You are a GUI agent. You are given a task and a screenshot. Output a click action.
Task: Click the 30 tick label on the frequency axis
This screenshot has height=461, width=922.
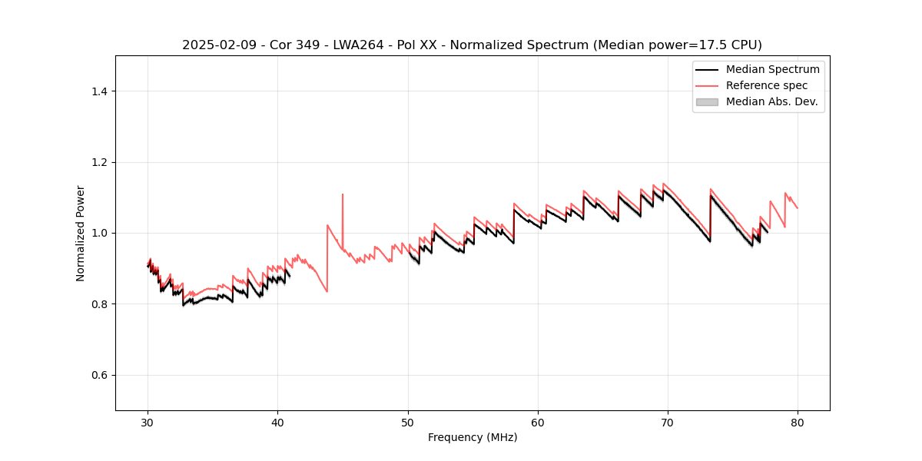(x=148, y=422)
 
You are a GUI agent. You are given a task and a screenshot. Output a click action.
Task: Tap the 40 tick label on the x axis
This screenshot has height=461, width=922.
(x=277, y=422)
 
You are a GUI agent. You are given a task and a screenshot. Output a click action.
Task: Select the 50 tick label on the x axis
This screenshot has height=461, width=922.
(x=408, y=422)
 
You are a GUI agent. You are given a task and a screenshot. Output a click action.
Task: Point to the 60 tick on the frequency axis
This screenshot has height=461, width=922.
(x=538, y=422)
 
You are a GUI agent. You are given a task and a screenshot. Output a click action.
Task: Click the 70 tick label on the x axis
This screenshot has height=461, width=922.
(x=668, y=422)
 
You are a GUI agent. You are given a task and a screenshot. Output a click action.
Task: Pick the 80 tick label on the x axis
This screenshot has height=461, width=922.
(x=798, y=422)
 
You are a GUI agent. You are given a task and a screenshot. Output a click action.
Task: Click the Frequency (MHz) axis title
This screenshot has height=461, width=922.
(x=473, y=437)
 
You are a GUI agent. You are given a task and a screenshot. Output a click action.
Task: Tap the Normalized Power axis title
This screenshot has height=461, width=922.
(x=81, y=233)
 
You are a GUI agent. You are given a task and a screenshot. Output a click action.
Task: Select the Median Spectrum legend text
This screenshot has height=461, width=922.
(x=772, y=69)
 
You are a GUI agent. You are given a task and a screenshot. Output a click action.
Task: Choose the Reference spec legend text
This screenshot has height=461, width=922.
(x=767, y=85)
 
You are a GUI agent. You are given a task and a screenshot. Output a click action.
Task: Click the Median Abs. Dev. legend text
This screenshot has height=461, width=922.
(x=771, y=101)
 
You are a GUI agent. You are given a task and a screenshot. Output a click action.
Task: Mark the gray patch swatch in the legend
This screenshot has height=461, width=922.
(x=707, y=101)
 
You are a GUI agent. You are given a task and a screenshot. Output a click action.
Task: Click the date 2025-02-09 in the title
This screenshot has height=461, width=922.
(x=215, y=45)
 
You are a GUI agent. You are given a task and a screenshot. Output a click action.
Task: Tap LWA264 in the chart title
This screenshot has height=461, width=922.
(x=360, y=45)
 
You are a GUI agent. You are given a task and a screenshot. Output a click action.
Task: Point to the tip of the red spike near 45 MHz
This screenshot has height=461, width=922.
(x=343, y=194)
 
